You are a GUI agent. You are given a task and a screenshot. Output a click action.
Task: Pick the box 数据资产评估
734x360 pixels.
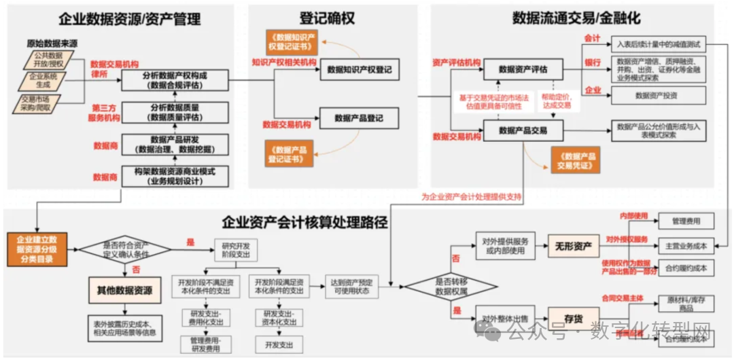[523, 69]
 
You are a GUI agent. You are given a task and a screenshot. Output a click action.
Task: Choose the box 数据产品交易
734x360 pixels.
[523, 130]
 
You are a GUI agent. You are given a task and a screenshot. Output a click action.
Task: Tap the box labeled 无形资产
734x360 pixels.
[573, 245]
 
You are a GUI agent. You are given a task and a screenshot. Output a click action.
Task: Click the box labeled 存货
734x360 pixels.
[573, 318]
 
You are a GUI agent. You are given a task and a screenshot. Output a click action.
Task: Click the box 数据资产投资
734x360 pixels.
[656, 96]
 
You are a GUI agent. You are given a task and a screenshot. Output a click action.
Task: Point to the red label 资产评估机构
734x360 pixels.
[455, 63]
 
